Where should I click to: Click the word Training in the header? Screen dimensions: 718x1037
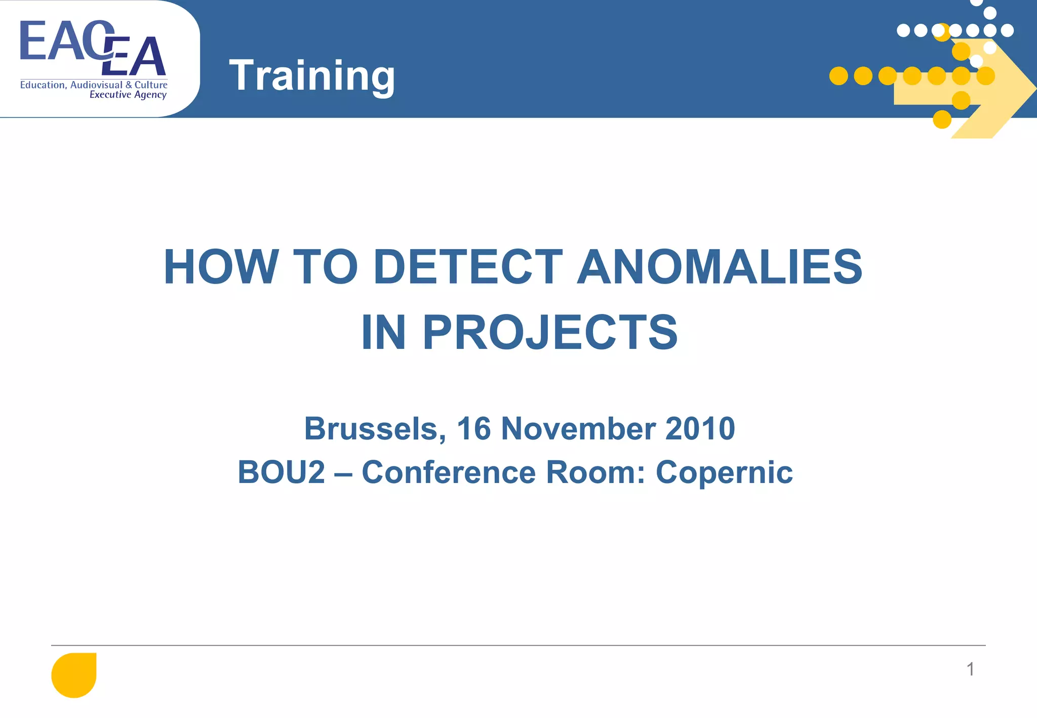coord(311,76)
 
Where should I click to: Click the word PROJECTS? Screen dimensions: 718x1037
coord(550,333)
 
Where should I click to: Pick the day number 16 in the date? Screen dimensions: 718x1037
coord(474,429)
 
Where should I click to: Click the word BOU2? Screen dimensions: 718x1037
coord(282,472)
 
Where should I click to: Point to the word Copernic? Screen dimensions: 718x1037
coord(724,472)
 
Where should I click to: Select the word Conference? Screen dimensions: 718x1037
coord(449,472)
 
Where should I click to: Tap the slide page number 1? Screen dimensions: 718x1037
coord(970,669)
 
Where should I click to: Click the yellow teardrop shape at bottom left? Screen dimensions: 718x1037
coord(74,675)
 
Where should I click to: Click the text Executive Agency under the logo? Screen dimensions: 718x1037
coord(128,95)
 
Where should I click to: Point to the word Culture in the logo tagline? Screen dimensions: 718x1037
coord(151,85)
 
